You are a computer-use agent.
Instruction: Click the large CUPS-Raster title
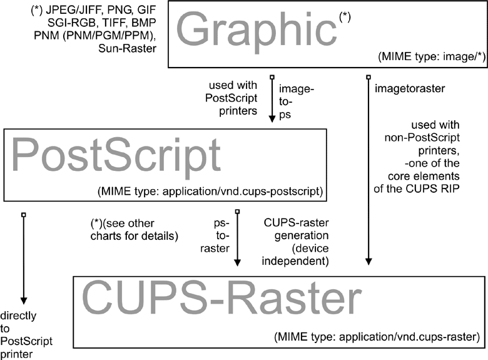click(x=222, y=300)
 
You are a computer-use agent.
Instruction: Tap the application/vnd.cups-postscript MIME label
click(x=209, y=190)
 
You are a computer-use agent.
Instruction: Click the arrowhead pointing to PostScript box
click(x=272, y=119)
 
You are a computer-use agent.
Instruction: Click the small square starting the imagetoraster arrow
click(x=367, y=77)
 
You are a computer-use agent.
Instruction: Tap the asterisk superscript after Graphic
click(x=345, y=17)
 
